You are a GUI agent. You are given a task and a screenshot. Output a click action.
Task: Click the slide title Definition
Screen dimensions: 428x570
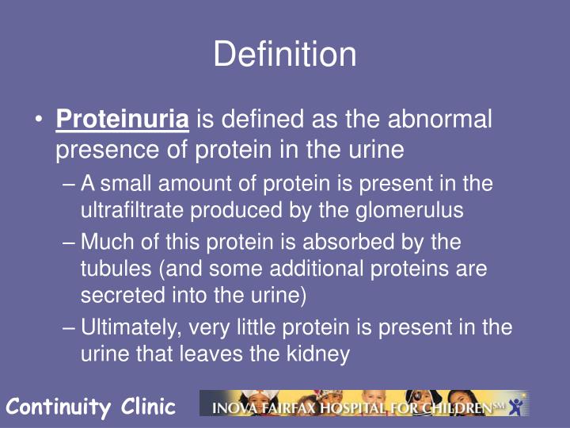coord(285,55)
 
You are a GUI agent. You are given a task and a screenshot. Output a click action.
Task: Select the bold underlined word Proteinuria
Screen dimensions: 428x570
coord(123,120)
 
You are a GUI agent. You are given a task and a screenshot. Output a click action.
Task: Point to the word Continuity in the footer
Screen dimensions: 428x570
coord(59,407)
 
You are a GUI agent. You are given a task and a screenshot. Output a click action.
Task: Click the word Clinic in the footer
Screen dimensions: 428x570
coord(148,407)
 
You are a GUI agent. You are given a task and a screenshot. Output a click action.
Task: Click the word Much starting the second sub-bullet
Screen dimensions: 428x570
coord(108,241)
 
